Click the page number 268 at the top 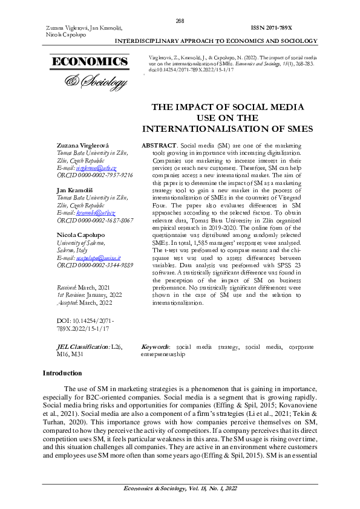tap(180, 21)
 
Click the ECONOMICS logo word tap(90, 62)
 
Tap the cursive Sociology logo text tap(97, 80)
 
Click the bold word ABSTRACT tap(159, 146)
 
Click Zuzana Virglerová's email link tap(96, 167)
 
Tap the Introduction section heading tap(62, 374)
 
